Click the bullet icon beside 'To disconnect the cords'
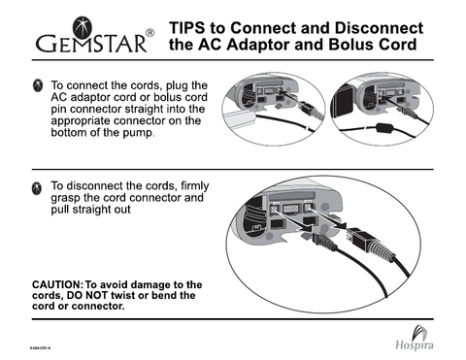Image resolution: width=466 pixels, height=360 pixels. coord(35,185)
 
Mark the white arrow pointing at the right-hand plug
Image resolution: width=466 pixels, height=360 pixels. coord(330,220)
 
